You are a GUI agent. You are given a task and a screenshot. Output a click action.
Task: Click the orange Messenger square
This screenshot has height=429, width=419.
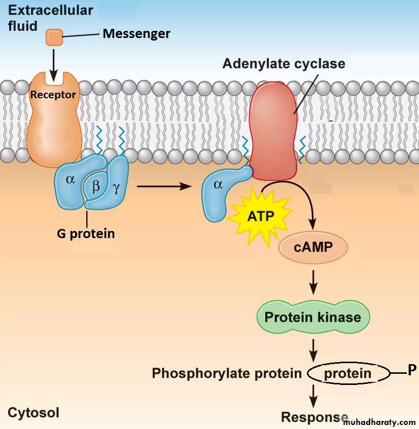[x=54, y=36]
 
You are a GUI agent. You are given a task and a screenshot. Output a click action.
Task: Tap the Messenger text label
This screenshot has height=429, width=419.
[x=136, y=34]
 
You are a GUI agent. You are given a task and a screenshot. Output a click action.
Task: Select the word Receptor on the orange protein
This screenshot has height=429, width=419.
[x=53, y=95]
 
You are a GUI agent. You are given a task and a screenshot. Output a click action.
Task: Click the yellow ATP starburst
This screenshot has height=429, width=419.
[x=260, y=216]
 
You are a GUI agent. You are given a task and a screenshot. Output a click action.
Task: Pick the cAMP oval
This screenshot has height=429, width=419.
[x=313, y=248]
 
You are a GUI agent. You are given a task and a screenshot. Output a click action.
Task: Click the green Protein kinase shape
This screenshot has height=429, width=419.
[x=312, y=318]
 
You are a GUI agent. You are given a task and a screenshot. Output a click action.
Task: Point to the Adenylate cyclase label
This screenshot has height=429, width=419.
[x=284, y=64]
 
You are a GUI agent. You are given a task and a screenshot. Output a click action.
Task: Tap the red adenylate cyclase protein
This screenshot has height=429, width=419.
[x=273, y=132]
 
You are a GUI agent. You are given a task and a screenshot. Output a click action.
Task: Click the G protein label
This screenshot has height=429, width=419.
[x=85, y=233]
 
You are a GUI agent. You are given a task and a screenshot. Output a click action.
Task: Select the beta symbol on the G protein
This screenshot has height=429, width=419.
[x=96, y=186]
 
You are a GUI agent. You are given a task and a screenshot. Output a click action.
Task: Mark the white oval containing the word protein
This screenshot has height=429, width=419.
[x=347, y=374]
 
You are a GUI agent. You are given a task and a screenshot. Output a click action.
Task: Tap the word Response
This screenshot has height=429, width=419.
[x=315, y=417]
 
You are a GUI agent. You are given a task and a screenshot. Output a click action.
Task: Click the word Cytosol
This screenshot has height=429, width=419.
[x=33, y=413]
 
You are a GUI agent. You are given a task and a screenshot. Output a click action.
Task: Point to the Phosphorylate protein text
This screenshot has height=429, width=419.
[x=227, y=374]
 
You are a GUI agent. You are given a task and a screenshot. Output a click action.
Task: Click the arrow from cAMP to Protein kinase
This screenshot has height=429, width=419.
[x=313, y=282]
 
